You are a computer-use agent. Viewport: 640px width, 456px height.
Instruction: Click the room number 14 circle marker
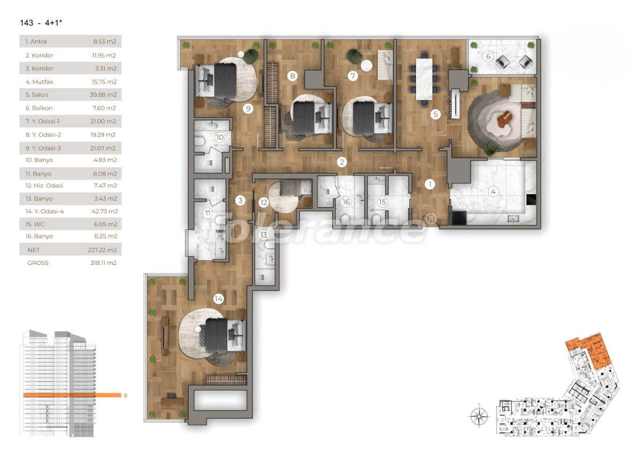coord(218,299)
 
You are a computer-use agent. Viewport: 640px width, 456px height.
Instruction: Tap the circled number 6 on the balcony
coord(487,56)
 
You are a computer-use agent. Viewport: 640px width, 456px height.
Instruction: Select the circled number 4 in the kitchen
coord(494,191)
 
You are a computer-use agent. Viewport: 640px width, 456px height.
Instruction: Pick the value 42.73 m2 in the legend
coord(103,211)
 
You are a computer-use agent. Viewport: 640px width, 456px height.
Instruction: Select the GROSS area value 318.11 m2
coord(103,263)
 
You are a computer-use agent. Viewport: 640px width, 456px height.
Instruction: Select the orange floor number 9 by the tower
coord(125,396)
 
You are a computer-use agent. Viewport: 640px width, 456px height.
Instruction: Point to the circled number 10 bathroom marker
coord(219,137)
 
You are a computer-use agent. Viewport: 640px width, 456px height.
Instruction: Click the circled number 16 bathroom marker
coord(346,202)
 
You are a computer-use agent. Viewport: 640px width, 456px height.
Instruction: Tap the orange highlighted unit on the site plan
coord(587,350)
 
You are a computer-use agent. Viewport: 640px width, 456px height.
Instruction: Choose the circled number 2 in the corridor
coord(342,162)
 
